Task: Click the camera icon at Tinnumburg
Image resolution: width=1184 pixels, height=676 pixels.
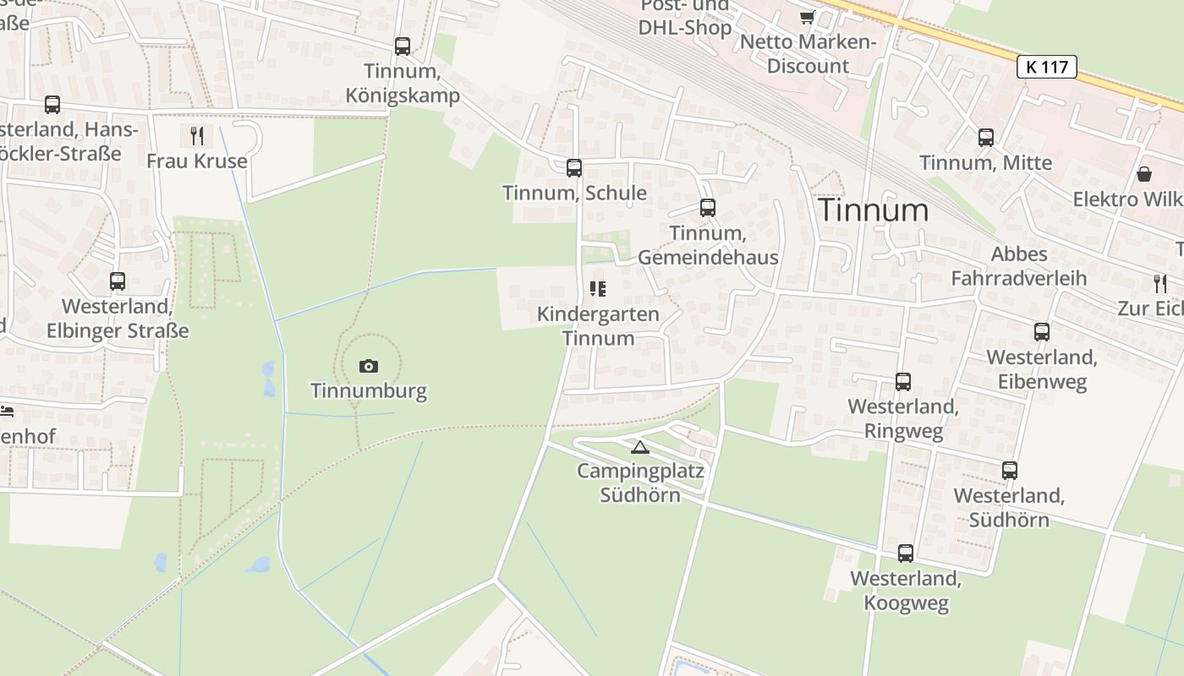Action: (369, 366)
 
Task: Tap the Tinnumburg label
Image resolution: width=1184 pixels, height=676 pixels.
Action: (369, 391)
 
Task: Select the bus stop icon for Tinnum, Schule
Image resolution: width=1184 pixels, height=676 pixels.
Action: (574, 167)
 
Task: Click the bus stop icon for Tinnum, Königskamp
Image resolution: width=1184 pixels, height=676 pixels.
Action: (403, 46)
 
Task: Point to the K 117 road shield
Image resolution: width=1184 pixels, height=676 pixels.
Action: (1047, 67)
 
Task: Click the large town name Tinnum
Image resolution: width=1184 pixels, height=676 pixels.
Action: (874, 210)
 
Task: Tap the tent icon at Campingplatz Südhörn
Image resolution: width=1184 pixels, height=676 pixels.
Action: (640, 447)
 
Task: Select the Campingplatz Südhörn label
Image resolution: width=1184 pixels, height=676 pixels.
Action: (640, 482)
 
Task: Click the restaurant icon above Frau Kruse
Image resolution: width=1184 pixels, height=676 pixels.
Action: (197, 135)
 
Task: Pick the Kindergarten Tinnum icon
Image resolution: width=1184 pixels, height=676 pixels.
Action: (598, 289)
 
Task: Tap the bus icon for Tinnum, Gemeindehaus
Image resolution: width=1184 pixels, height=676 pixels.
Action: (708, 207)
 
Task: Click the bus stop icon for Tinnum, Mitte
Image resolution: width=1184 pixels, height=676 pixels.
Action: (986, 137)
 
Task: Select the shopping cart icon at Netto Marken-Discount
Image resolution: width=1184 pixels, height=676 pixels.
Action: (808, 17)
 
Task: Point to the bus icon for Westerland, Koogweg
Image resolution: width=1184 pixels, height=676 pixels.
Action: (906, 553)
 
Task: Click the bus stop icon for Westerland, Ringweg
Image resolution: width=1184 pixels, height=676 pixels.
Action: (903, 382)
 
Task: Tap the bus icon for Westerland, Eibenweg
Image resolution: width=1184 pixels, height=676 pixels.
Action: (1042, 332)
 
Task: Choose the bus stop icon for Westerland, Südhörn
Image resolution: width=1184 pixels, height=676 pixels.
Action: (1010, 471)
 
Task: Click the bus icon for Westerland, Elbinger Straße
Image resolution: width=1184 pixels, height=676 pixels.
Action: (118, 281)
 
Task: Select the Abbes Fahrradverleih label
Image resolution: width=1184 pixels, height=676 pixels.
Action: (1019, 266)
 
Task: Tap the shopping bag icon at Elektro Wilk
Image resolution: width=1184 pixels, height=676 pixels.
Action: (1144, 174)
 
